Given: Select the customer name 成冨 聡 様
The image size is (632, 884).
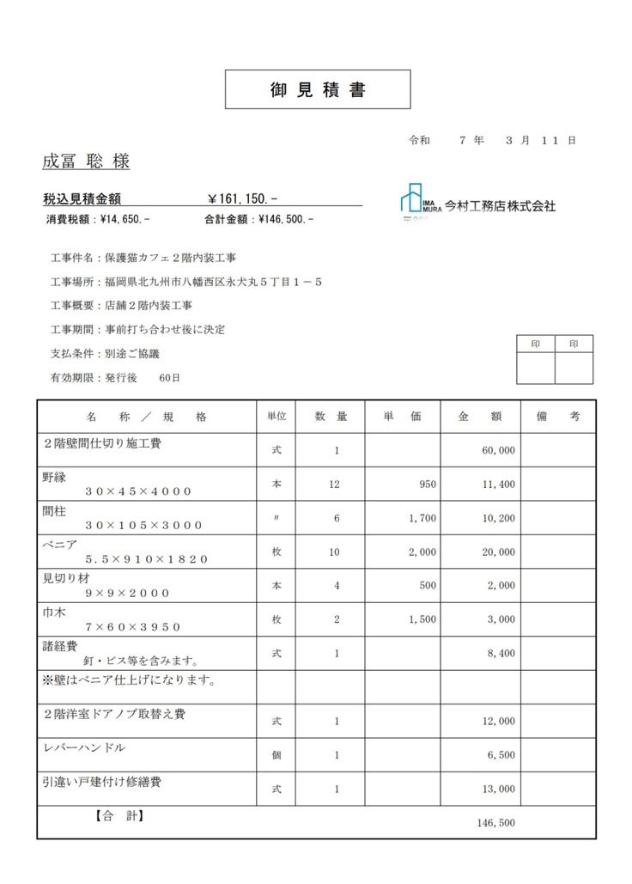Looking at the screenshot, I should point(86,162).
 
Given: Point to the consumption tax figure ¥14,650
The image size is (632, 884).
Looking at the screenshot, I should point(125,219).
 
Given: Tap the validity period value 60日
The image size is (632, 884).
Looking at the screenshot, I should point(169,377).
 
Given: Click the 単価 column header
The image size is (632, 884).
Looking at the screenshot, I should point(402,417).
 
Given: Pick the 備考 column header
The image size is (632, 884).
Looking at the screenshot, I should point(557,417).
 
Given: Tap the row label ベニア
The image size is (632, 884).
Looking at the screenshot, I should point(60,544).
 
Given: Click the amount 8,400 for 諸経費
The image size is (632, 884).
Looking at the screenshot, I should point(501,653).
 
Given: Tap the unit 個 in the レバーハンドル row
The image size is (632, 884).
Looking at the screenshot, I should point(276,755).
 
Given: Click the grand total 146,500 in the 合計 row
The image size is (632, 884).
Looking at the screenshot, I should point(495,822).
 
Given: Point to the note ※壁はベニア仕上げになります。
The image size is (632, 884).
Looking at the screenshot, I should point(128,680).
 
